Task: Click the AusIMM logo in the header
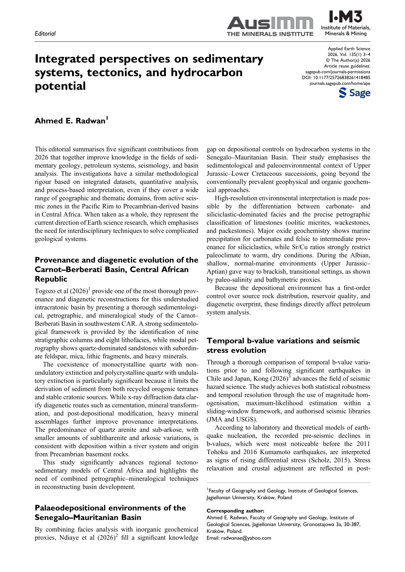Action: (270, 26)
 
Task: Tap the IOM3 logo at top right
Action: (346, 23)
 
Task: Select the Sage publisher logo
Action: (354, 93)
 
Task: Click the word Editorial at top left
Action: (45, 34)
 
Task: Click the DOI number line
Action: (336, 78)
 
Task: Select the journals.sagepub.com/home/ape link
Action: (340, 84)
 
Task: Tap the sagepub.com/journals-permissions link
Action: (338, 72)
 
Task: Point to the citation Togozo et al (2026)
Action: (62, 291)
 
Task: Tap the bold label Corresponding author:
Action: (235, 511)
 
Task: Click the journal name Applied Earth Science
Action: (349, 49)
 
